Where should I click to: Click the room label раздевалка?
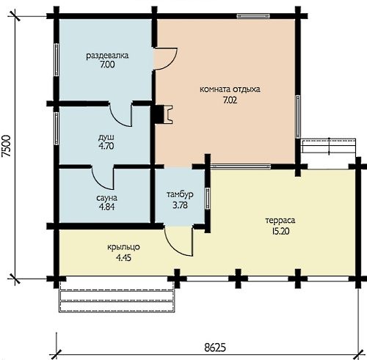[x=107, y=56]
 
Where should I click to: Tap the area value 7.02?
[x=230, y=100]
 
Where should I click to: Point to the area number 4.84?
[x=106, y=207]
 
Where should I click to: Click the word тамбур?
[x=180, y=194]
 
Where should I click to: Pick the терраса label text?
[x=280, y=221]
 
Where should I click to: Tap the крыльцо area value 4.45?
[x=123, y=257]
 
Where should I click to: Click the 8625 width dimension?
[x=215, y=347]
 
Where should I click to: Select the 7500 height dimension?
[x=7, y=146]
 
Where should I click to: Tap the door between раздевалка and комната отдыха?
[x=165, y=59]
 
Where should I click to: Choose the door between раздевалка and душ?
[x=120, y=114]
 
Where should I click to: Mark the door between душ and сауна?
[x=103, y=177]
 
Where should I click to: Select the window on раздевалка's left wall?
[x=57, y=60]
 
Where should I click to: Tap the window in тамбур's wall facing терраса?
[x=208, y=199]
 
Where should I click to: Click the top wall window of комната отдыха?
[x=253, y=16]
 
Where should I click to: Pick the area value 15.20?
[x=280, y=231]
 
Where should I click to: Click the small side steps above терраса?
[x=328, y=146]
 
